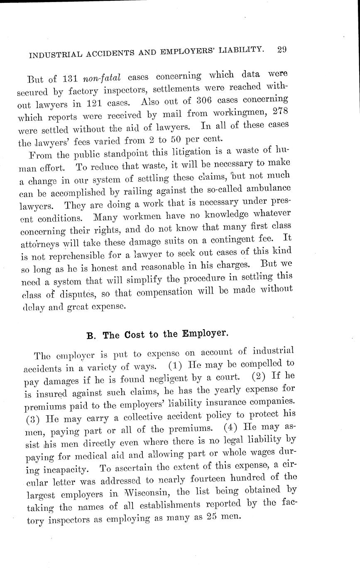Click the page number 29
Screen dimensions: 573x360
[x=280, y=49]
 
